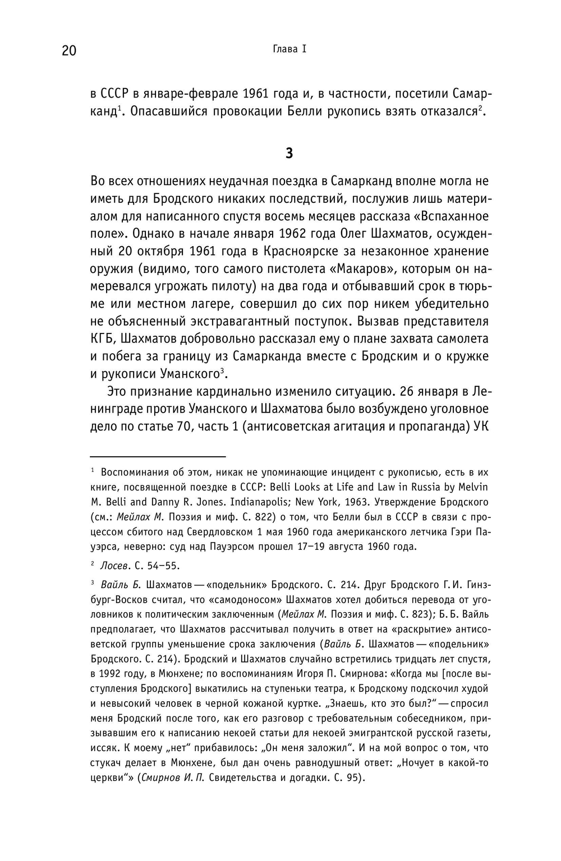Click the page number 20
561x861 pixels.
click(68, 50)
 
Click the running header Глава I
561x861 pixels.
click(289, 49)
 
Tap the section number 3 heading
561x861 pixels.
click(289, 153)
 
